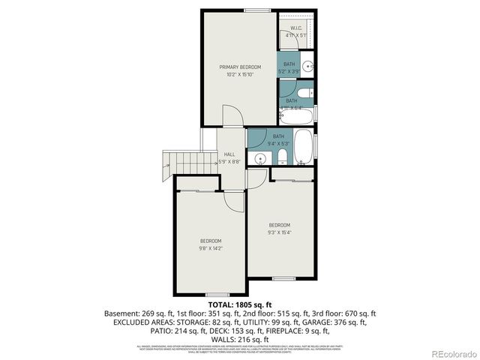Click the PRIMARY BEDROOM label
(x=240, y=67)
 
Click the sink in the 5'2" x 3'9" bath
(x=308, y=64)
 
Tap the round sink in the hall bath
(x=259, y=158)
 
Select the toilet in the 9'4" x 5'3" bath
(x=280, y=156)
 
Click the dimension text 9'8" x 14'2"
(x=211, y=247)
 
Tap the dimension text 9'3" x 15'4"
(x=280, y=232)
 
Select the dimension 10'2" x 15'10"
(x=240, y=74)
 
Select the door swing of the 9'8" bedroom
(x=238, y=199)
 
